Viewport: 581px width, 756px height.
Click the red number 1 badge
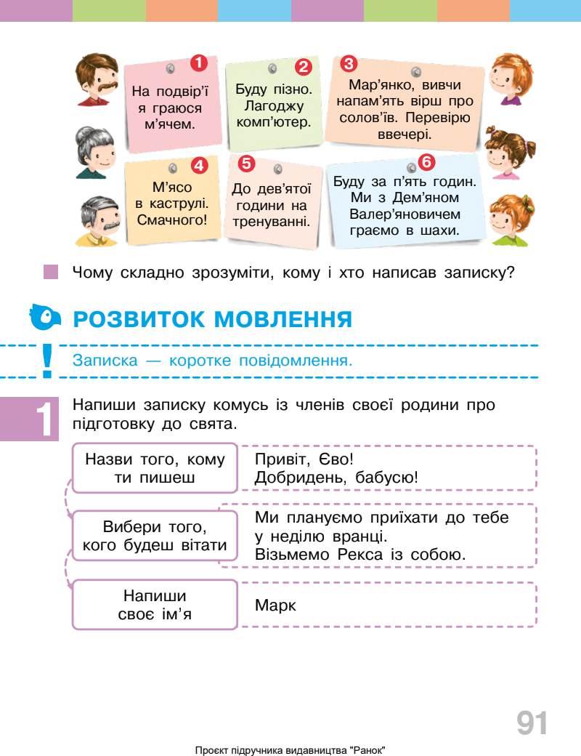point(197,63)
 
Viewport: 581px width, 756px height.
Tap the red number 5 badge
point(246,164)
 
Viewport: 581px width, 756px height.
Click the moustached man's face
point(99,79)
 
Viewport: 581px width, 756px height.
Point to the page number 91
point(532,723)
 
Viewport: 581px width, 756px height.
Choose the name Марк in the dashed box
point(276,605)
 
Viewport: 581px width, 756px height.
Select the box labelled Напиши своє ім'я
point(155,605)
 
